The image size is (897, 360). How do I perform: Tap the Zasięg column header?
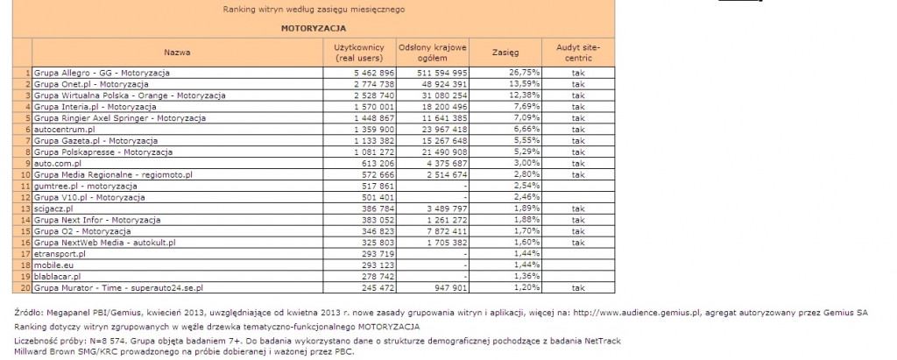point(507,52)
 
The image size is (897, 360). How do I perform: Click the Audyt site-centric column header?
point(578,52)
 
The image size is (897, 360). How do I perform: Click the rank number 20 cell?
point(27,287)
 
